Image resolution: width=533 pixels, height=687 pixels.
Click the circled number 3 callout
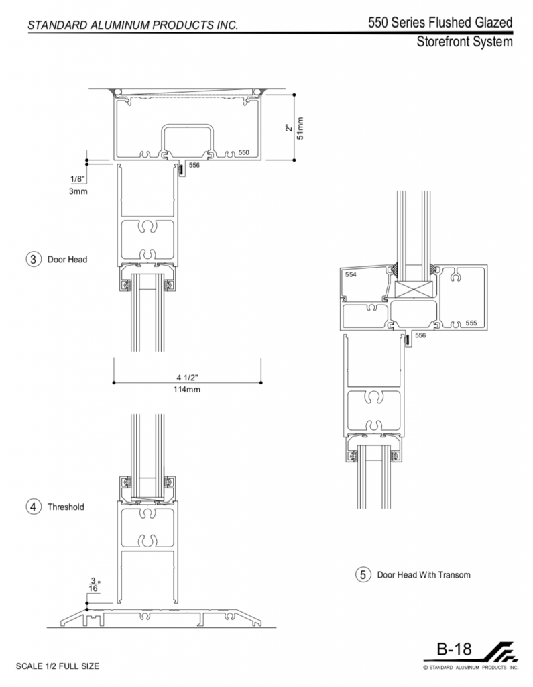point(34,259)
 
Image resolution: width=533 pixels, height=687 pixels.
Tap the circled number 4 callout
point(34,507)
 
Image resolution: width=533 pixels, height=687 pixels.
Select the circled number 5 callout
point(363,574)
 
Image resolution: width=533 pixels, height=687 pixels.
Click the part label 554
point(351,274)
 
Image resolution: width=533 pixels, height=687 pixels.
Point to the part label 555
point(471,323)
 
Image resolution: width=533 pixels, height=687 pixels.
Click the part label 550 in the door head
point(243,152)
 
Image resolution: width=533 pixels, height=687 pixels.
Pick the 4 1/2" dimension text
point(188,378)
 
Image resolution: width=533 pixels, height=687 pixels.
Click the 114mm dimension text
point(187,390)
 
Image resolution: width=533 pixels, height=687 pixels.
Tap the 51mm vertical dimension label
point(300,128)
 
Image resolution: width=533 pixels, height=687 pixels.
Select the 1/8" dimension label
point(78,178)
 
